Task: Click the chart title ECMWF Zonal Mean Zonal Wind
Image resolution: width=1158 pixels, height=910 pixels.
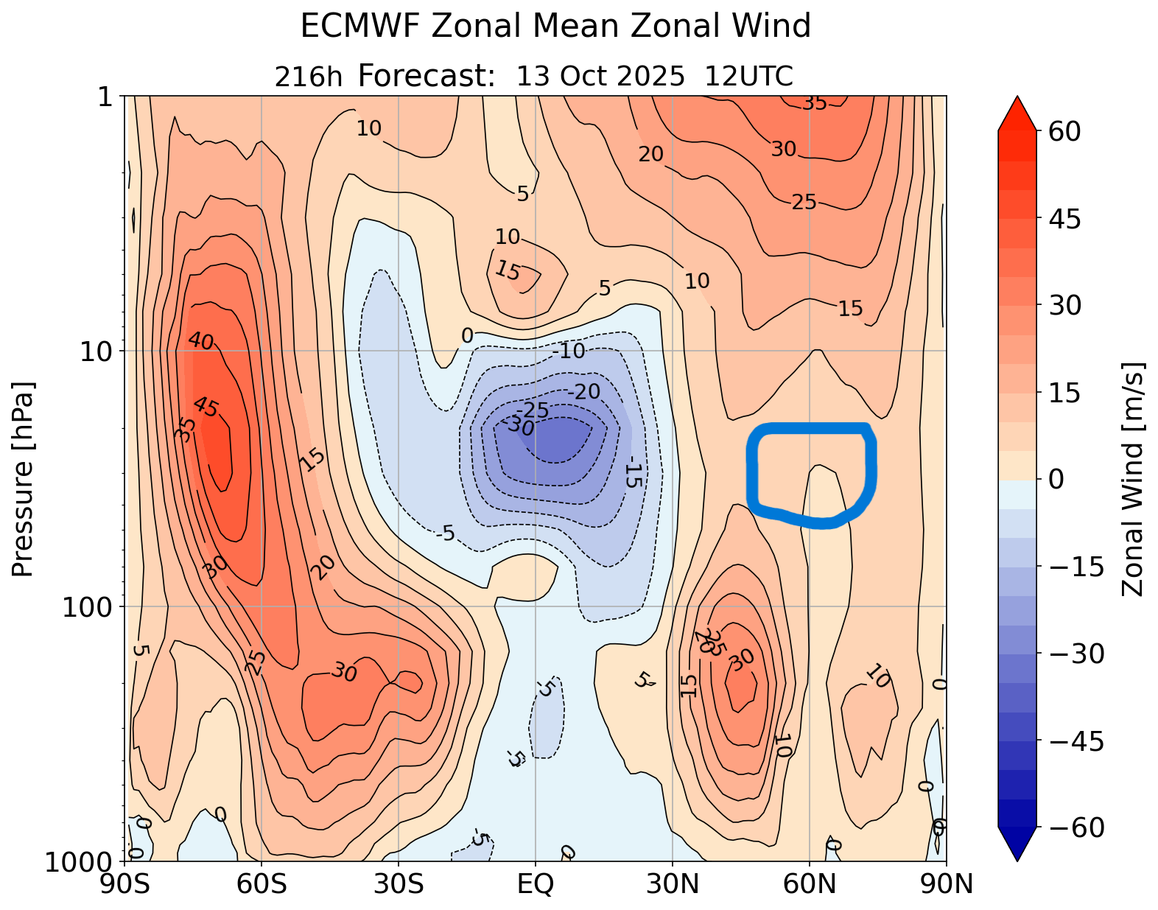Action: coord(555,27)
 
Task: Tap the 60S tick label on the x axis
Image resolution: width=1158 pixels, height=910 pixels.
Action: coord(262,883)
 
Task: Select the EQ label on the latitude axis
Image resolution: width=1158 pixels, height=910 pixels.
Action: coord(536,883)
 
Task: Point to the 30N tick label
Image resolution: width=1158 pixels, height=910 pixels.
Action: coord(673,883)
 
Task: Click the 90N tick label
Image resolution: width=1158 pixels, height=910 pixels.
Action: coord(947,883)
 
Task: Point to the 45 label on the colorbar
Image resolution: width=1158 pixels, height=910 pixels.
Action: coord(1061,219)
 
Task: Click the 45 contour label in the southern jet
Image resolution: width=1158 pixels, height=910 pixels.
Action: coord(206,407)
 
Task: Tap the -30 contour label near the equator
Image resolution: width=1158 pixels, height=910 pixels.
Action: coord(520,426)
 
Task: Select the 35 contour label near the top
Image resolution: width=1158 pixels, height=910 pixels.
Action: coord(815,104)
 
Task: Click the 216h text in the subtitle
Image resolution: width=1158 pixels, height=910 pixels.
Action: coord(308,77)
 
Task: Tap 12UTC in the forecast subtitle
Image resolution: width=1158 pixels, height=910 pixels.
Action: coord(749,77)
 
